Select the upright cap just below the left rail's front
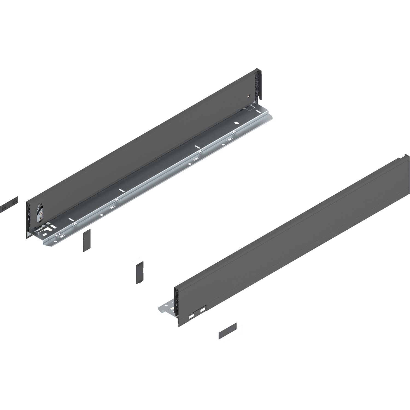coord(87,240)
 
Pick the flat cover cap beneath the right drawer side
coord(227,331)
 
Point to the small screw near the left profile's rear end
coord(248,96)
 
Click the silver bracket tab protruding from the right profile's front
coord(167,307)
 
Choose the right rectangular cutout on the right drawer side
coord(203,311)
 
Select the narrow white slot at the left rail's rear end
coord(257,112)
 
